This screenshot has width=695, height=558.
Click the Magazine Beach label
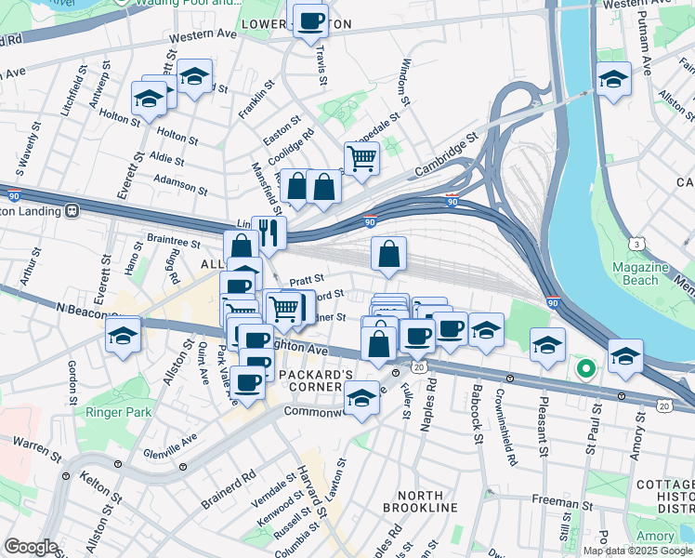tap(639, 273)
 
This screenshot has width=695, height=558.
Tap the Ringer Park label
tap(111, 411)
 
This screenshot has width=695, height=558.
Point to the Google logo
tap(31, 546)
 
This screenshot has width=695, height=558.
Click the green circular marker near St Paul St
tap(585, 369)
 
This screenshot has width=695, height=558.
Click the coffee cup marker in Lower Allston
tap(310, 20)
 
